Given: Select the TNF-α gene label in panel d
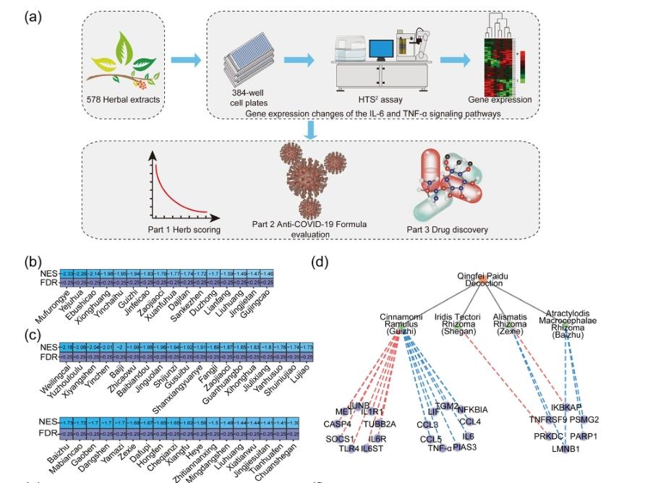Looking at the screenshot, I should click(440, 448).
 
